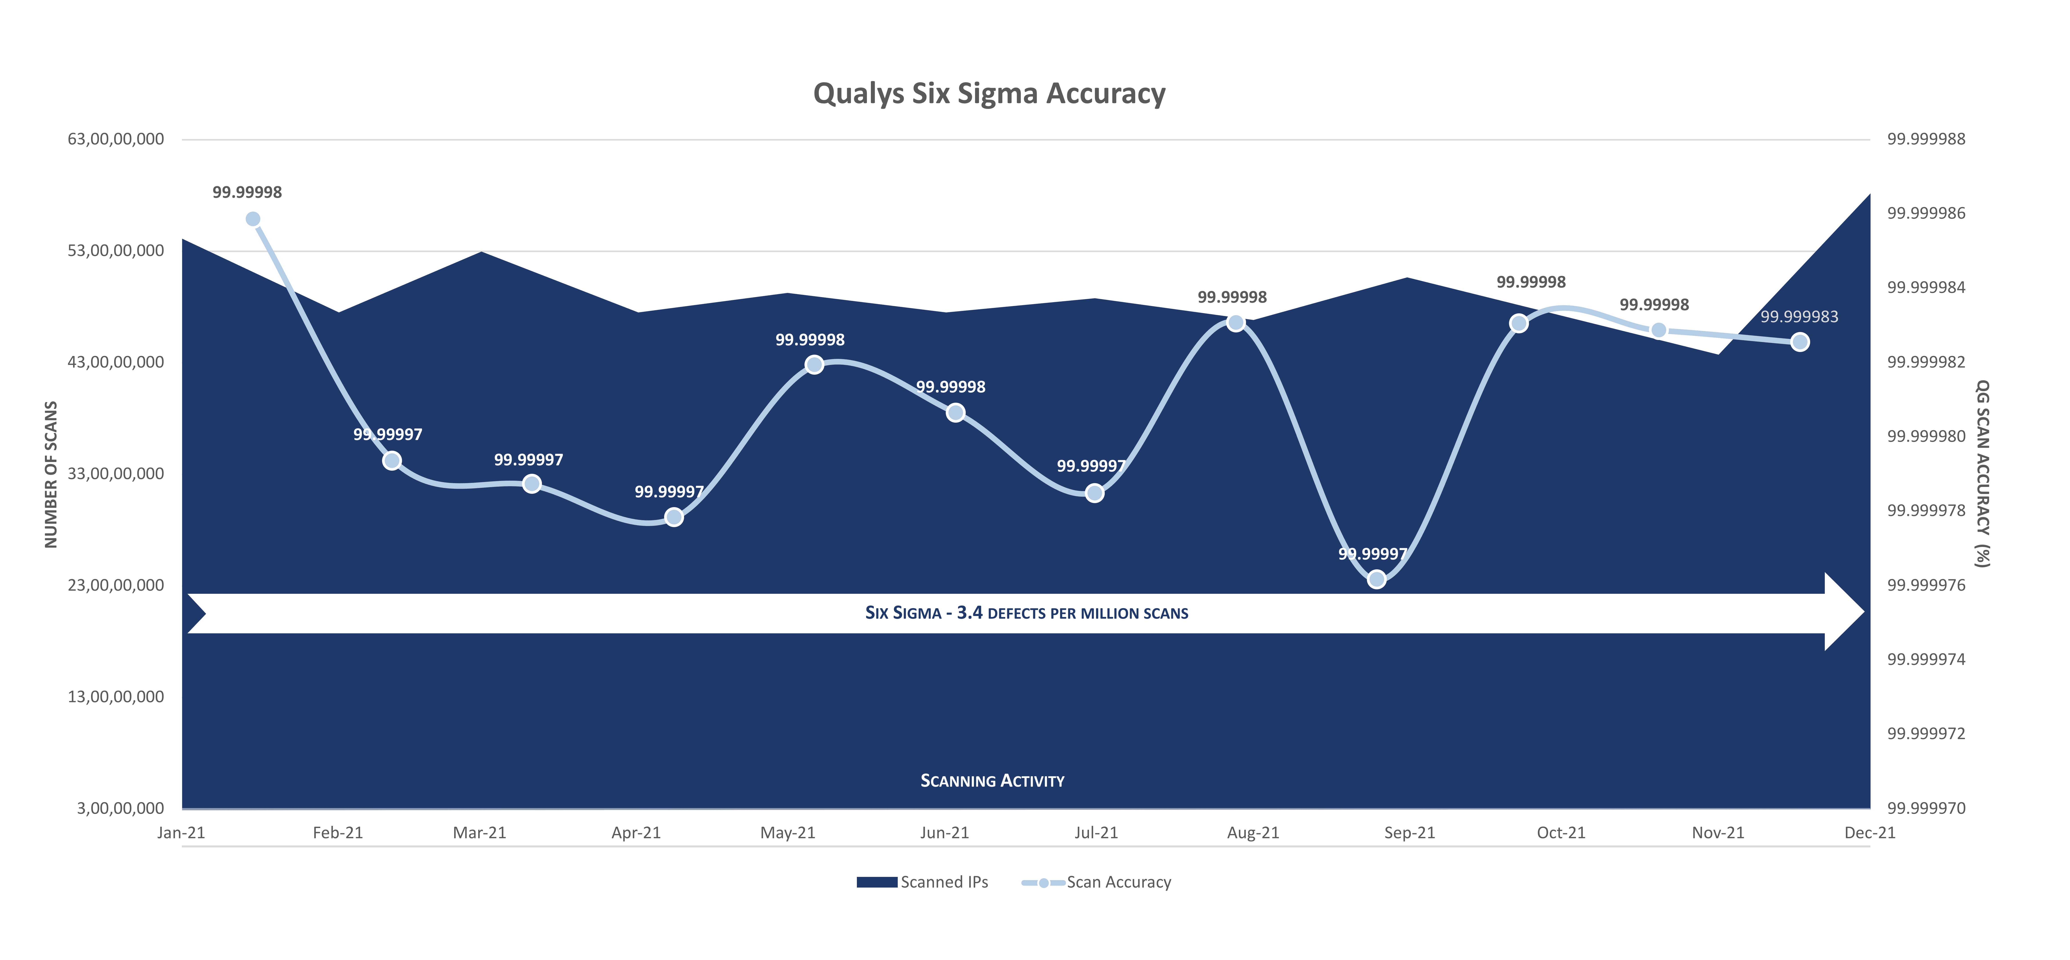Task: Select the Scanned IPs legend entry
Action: pyautogui.click(x=922, y=882)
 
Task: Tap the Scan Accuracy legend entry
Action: pyautogui.click(x=1096, y=882)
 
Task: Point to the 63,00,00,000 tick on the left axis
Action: pyautogui.click(x=116, y=139)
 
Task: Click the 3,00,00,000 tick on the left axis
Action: pyautogui.click(x=121, y=808)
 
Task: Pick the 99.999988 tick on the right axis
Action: pyautogui.click(x=1926, y=139)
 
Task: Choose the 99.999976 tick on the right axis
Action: pyautogui.click(x=1926, y=585)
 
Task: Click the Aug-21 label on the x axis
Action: pyautogui.click(x=1253, y=833)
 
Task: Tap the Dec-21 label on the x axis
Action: pyautogui.click(x=1870, y=833)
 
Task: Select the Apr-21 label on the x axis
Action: pyautogui.click(x=636, y=833)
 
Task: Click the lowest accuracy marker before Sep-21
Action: pyautogui.click(x=1377, y=579)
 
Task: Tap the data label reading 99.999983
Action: pyautogui.click(x=1799, y=317)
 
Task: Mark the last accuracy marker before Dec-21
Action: pyautogui.click(x=1800, y=342)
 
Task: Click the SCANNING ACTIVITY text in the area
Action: pyautogui.click(x=992, y=781)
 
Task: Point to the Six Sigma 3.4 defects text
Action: pyautogui.click(x=1026, y=613)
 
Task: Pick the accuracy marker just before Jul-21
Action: pyautogui.click(x=1095, y=493)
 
